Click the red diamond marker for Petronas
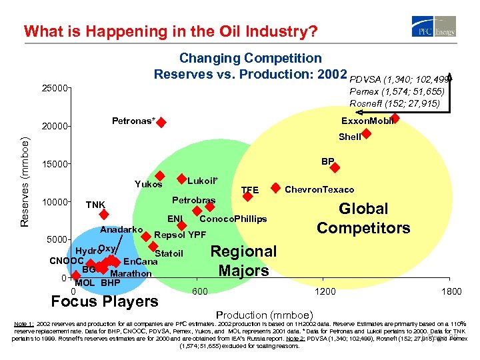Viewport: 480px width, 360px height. click(x=161, y=123)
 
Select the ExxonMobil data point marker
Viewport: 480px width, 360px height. click(x=395, y=118)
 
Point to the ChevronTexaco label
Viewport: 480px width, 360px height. click(x=319, y=190)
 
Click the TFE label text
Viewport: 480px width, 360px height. click(x=249, y=191)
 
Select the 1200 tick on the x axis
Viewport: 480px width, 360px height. click(x=325, y=291)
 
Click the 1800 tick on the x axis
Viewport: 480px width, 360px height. click(x=451, y=291)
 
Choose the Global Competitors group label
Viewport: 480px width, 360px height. click(x=363, y=218)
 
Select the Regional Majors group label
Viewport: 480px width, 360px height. click(x=243, y=261)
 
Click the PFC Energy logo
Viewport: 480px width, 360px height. click(x=433, y=27)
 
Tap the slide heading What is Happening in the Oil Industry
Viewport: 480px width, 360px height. click(x=170, y=31)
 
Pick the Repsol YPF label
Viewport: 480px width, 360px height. click(x=180, y=235)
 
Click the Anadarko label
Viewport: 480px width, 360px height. click(x=121, y=230)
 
